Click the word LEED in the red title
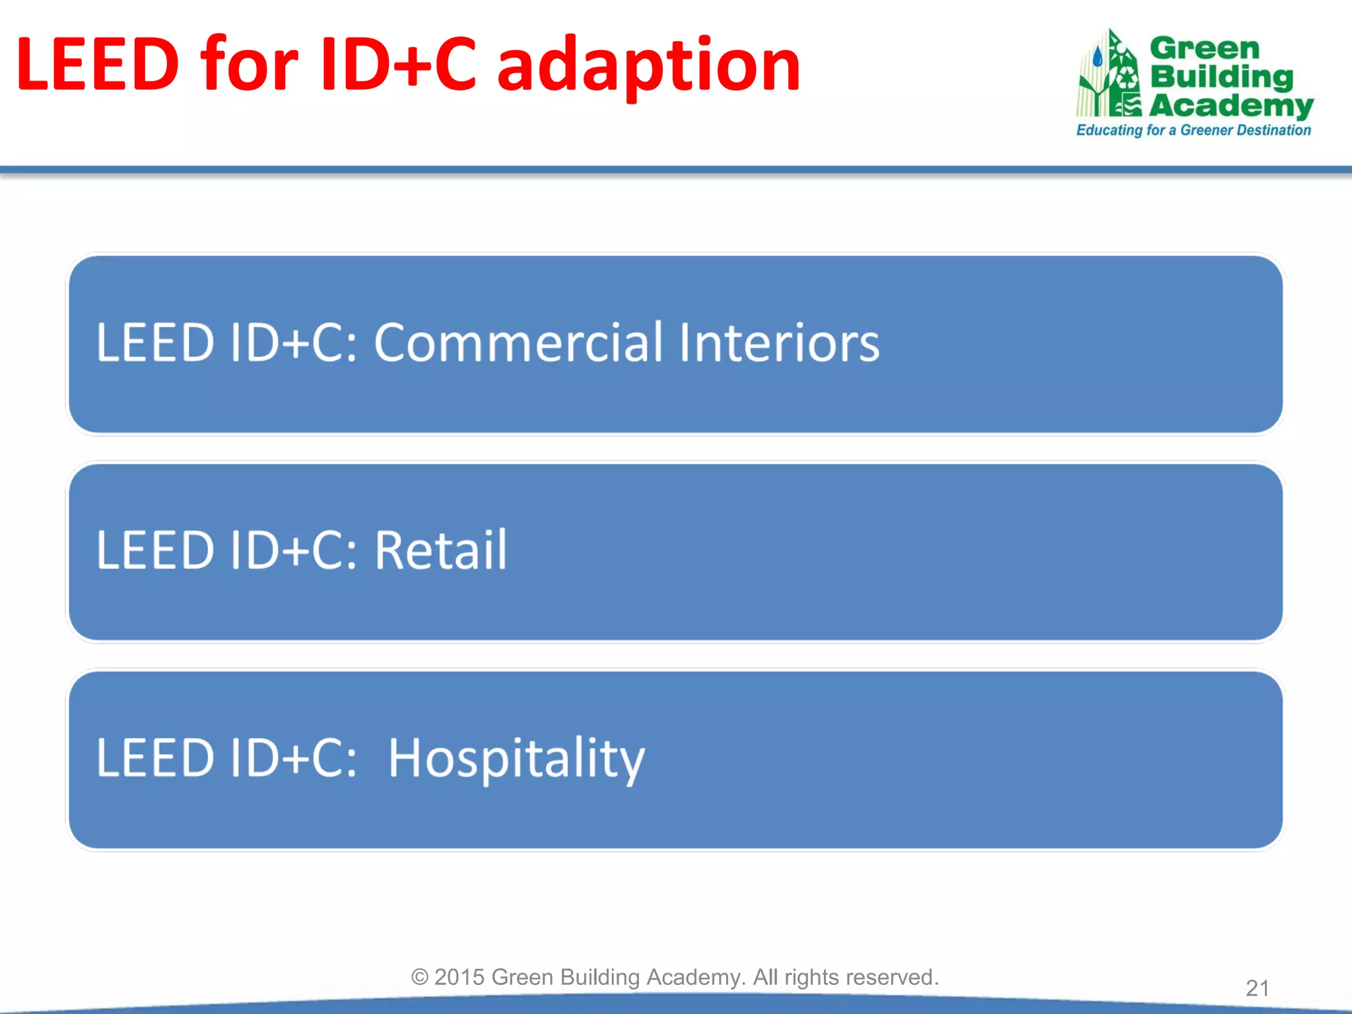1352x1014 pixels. click(98, 65)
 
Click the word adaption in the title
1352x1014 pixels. click(648, 66)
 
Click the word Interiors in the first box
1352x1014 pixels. click(779, 343)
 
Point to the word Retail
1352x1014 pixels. click(441, 550)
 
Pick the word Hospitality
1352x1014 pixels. click(516, 759)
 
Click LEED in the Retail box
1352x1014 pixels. click(155, 550)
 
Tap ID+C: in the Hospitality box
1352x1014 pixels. click(294, 758)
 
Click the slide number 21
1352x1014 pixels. click(1257, 988)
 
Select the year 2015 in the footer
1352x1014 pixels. click(459, 977)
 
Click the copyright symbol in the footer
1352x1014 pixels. click(420, 977)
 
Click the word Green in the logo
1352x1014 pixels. click(1205, 49)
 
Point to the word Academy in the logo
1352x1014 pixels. click(1231, 106)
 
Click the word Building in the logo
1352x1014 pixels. click(1221, 77)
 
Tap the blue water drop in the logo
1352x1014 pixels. click(1098, 57)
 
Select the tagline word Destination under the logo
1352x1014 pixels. click(1274, 130)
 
